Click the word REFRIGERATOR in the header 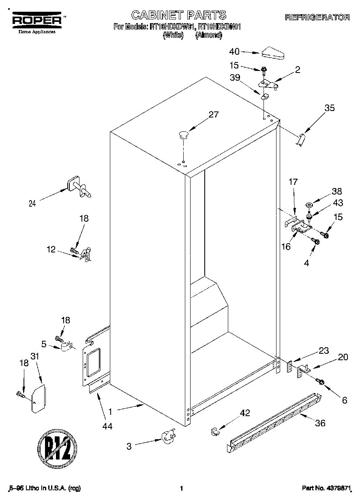pyautogui.click(x=317, y=17)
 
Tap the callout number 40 pyautogui.click(x=235, y=51)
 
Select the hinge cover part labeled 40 pyautogui.click(x=274, y=53)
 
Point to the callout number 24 pyautogui.click(x=32, y=204)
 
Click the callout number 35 pyautogui.click(x=330, y=108)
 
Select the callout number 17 pyautogui.click(x=293, y=182)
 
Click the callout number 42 pyautogui.click(x=245, y=413)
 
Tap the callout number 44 pyautogui.click(x=107, y=426)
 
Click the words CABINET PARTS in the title pyautogui.click(x=178, y=15)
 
